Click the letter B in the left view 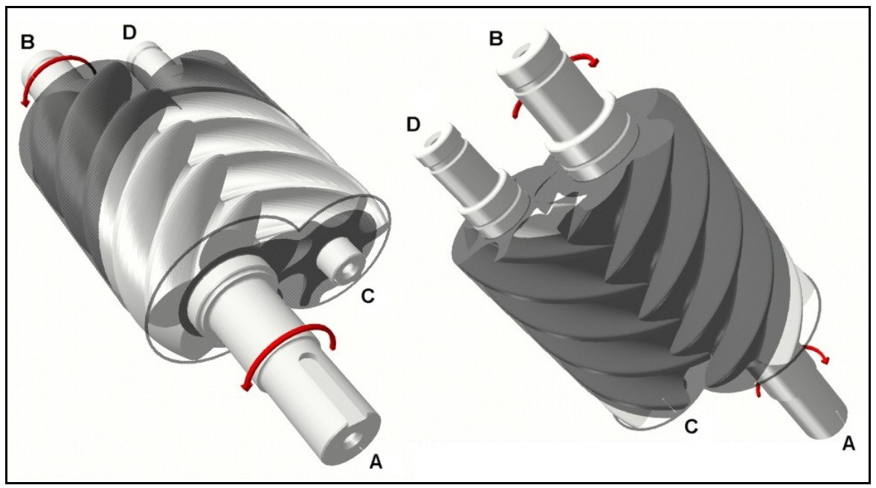[x=28, y=42]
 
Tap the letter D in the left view [x=129, y=33]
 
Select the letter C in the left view [x=367, y=296]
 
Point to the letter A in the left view [x=376, y=461]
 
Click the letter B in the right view [x=496, y=39]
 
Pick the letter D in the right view [x=413, y=124]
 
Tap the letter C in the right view [x=691, y=426]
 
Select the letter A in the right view [x=848, y=443]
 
